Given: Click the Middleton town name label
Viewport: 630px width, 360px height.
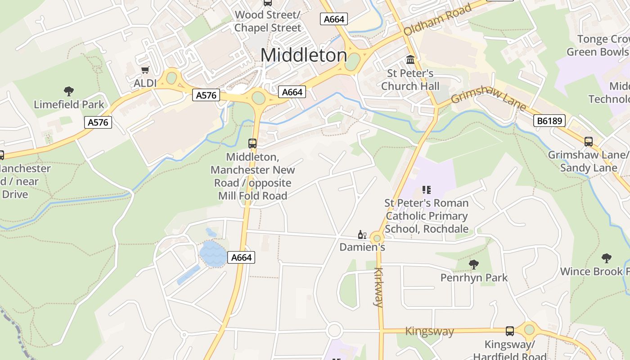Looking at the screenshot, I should pos(304,55).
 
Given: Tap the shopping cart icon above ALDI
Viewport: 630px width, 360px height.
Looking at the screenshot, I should pos(145,70).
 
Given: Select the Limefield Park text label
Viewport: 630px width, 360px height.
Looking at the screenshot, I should pos(69,105).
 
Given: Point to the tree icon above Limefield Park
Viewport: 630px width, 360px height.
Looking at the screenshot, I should pos(69,92).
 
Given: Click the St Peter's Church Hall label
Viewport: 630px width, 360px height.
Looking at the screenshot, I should pos(407,79).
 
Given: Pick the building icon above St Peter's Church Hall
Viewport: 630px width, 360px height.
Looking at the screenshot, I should pos(410,59).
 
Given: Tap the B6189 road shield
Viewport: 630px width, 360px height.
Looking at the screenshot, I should pos(549,121).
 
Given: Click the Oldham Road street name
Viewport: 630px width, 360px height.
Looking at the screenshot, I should pos(437,20).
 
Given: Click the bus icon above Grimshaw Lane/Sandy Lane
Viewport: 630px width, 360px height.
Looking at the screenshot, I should pos(588,142).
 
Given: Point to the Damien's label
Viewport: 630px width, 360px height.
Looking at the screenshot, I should pos(362,247).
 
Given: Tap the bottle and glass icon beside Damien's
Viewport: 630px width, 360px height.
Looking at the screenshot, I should pos(362,234).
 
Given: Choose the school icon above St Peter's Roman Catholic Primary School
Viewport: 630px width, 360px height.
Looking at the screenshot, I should pos(426,190).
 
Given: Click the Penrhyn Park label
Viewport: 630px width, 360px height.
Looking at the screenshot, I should pos(474,278).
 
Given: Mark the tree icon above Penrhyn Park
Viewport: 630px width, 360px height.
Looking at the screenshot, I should pos(473,265).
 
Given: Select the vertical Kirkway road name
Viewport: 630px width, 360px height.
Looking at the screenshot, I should pos(378,287).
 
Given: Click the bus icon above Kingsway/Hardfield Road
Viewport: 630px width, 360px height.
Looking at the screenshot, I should pos(510,331).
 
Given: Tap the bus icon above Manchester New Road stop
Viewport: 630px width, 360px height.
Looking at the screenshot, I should pos(252,144).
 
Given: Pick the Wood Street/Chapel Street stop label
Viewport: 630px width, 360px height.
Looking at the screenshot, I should pos(268,21).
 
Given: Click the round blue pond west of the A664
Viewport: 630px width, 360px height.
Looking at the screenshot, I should pos(213,254).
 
